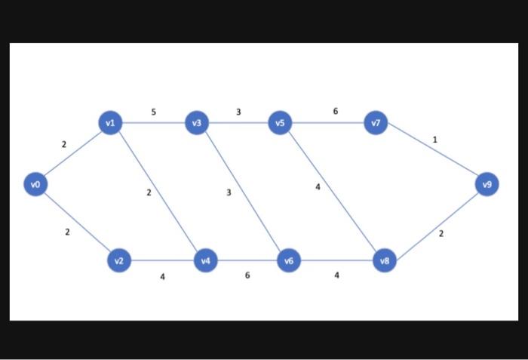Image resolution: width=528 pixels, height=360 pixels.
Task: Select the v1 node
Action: (110, 122)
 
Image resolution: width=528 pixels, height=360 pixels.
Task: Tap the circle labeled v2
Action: (118, 261)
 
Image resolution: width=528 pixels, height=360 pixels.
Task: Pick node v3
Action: (197, 122)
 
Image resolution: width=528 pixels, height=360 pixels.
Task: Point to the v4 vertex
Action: (206, 261)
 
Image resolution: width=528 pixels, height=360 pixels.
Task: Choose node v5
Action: (280, 122)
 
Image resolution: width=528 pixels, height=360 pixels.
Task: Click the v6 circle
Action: (289, 261)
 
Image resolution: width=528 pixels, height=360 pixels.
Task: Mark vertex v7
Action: (376, 122)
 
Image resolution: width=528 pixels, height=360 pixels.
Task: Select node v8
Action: (385, 261)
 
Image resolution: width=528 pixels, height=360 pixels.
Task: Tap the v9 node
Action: (487, 183)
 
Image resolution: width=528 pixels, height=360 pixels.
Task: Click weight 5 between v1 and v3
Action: (153, 112)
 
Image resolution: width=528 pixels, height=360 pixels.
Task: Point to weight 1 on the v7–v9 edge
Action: (434, 140)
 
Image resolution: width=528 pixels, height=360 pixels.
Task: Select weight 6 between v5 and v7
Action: (336, 112)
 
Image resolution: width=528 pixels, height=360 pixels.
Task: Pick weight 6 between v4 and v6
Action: (247, 275)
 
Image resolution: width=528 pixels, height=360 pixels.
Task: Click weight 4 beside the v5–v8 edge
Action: (318, 186)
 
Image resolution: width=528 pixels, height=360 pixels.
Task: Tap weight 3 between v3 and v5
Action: (238, 112)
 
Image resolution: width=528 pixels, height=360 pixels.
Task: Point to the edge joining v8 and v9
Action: (436, 223)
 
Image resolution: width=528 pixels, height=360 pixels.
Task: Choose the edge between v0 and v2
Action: (76, 222)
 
